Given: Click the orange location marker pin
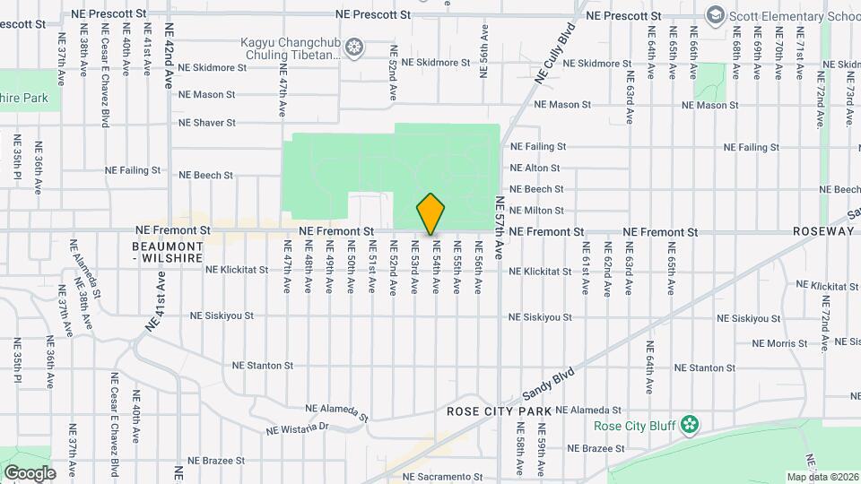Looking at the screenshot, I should pyautogui.click(x=431, y=213).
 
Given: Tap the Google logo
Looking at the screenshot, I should pyautogui.click(x=30, y=472).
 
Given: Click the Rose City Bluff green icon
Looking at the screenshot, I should pyautogui.click(x=689, y=423).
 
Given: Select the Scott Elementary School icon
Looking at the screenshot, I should pyautogui.click(x=715, y=15).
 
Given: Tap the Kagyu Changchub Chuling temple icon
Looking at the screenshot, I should pyautogui.click(x=355, y=46).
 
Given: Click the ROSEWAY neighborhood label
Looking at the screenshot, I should pyautogui.click(x=823, y=231).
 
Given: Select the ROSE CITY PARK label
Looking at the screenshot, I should pyautogui.click(x=499, y=411).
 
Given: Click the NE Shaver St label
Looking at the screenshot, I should pyautogui.click(x=207, y=123).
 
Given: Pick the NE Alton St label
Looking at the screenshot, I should pyautogui.click(x=535, y=168).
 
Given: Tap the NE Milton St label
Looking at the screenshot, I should pyautogui.click(x=536, y=211).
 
